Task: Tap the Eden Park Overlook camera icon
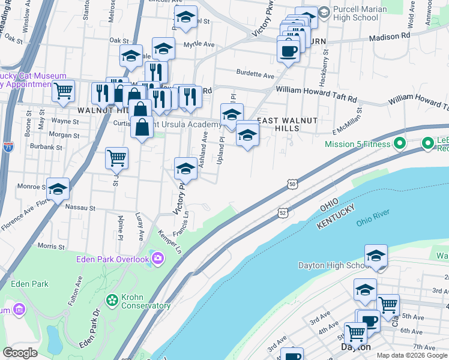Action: tap(158, 259)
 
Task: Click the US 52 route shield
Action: tap(282, 212)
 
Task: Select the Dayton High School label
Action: tap(333, 265)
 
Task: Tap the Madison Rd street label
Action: tap(389, 36)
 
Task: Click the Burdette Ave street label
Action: tap(255, 75)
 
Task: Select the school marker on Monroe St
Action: tap(58, 189)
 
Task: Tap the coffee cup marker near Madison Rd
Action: tap(288, 50)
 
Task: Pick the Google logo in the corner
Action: tap(20, 352)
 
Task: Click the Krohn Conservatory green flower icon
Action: tap(112, 299)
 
